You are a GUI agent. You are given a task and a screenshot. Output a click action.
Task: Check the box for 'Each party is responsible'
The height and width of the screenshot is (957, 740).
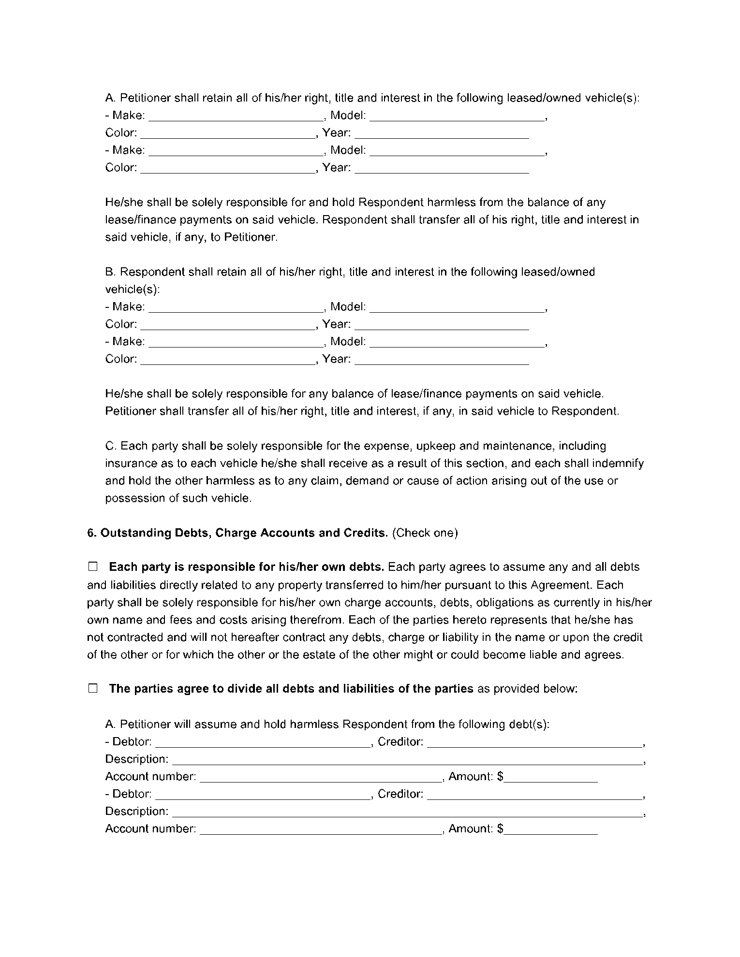tap(93, 566)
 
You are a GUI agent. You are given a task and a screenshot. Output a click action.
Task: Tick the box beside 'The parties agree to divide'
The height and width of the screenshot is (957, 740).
tap(93, 688)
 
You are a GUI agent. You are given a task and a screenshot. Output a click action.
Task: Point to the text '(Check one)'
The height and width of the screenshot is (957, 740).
tap(425, 533)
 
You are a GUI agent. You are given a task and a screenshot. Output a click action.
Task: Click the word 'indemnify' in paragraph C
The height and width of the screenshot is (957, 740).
tap(620, 463)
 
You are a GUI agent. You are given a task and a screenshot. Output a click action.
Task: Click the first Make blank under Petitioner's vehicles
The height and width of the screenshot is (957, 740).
tap(235, 117)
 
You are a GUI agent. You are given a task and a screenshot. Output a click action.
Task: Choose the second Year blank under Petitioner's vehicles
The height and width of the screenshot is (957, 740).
tap(442, 169)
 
